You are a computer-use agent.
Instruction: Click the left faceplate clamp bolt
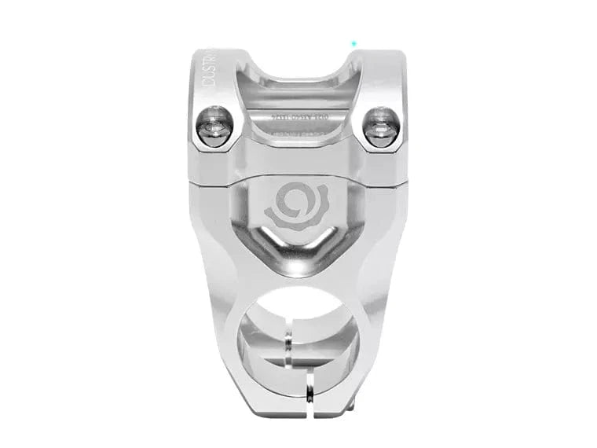click(x=214, y=126)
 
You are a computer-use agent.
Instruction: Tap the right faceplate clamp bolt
click(x=382, y=126)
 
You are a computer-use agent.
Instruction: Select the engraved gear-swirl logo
click(x=296, y=206)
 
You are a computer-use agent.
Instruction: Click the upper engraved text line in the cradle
click(x=299, y=117)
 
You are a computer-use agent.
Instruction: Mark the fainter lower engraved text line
click(x=299, y=134)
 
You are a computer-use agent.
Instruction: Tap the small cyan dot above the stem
click(x=354, y=43)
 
